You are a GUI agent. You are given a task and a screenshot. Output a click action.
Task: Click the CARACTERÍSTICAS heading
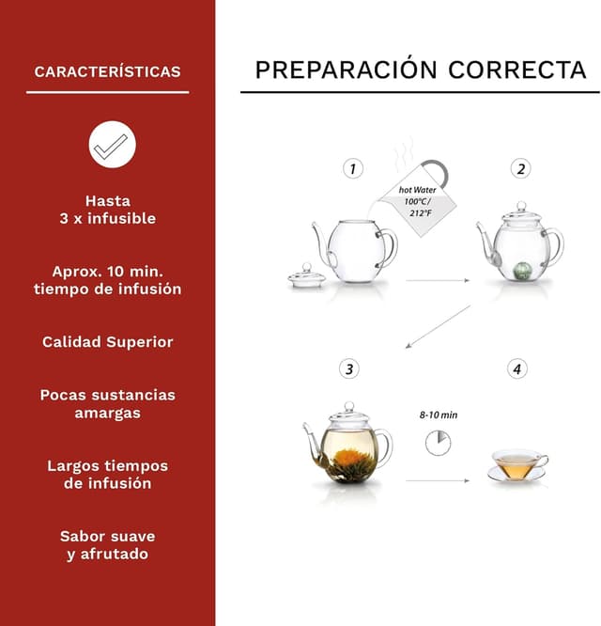107,71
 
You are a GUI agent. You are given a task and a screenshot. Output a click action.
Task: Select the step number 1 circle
352,169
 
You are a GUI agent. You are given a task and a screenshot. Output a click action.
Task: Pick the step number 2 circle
520,169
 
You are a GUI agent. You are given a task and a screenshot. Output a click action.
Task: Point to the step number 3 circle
349,369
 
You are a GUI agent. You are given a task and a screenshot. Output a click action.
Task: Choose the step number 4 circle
517,369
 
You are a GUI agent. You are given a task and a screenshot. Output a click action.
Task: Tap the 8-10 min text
439,415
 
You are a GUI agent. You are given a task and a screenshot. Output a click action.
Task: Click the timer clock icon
438,443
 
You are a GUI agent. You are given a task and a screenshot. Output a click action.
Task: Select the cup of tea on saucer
516,465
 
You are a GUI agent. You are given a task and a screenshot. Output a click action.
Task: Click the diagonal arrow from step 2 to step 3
439,325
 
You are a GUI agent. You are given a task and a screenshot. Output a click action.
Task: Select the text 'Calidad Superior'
107,342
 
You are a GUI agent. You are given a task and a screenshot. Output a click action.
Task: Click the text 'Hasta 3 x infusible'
107,210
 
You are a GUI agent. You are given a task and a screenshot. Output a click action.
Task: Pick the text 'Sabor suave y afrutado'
107,545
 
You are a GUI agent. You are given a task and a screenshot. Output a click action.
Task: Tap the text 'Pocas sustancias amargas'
107,403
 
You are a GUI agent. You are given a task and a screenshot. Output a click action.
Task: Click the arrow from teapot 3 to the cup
438,481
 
